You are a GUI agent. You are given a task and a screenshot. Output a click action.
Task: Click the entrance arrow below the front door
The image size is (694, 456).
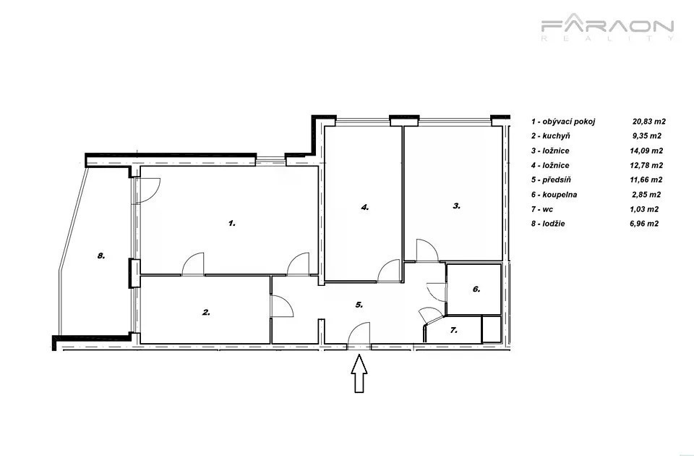pyautogui.click(x=359, y=373)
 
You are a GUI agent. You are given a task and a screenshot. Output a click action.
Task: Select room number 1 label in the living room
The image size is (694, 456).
pyautogui.click(x=232, y=224)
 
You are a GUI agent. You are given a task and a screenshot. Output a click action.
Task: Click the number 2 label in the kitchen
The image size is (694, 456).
pyautogui.click(x=206, y=313)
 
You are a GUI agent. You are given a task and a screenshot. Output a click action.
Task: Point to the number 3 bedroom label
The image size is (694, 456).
pyautogui.click(x=457, y=206)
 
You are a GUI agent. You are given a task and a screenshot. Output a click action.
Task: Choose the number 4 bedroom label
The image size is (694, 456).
pyautogui.click(x=364, y=207)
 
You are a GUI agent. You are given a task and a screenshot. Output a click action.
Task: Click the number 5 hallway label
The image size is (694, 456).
pyautogui.click(x=359, y=305)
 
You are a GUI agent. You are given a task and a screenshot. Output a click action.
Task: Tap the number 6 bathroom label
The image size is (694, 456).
pyautogui.click(x=476, y=290)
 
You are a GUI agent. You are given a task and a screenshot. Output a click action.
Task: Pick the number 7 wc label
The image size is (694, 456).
pyautogui.click(x=453, y=330)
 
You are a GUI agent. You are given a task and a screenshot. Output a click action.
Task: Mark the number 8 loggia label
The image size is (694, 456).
pyautogui.click(x=101, y=256)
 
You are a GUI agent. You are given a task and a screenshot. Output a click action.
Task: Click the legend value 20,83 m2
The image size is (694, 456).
pyautogui.click(x=649, y=122)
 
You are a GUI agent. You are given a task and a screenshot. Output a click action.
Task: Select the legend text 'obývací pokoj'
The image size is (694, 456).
pyautogui.click(x=569, y=122)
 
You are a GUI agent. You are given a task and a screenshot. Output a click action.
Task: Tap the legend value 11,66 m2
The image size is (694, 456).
pyautogui.click(x=646, y=180)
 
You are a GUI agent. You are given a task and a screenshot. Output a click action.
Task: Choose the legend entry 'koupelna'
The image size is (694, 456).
pyautogui.click(x=560, y=195)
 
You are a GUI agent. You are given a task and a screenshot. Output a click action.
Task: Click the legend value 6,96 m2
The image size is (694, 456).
pyautogui.click(x=644, y=224)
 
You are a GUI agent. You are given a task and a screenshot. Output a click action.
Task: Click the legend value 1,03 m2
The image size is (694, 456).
pyautogui.click(x=644, y=209)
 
